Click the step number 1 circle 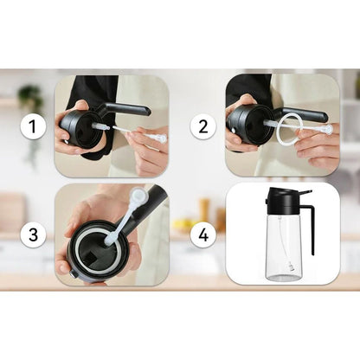tap(33, 128)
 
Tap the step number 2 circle tap(203, 128)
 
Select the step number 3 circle tap(33, 234)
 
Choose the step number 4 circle tap(203, 234)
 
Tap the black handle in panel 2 tap(303, 112)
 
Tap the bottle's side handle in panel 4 tap(309, 221)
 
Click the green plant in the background tap(31, 100)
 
